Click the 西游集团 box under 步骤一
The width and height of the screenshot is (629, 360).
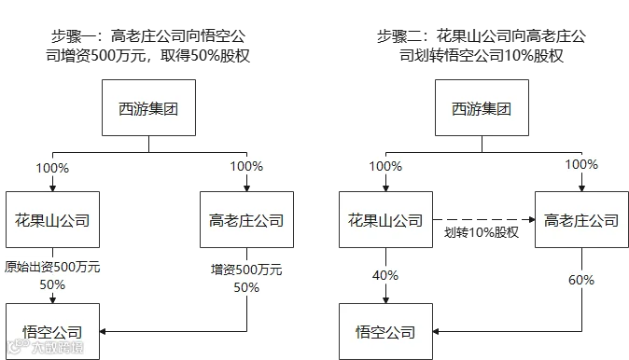(x=148, y=107)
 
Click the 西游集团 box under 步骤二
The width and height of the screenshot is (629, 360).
(x=482, y=107)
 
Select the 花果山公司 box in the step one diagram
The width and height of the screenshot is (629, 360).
(x=52, y=219)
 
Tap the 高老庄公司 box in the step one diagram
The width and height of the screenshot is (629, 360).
(x=246, y=219)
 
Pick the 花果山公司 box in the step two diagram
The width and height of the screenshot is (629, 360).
(x=386, y=219)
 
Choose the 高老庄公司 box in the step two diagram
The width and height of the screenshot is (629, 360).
(x=581, y=219)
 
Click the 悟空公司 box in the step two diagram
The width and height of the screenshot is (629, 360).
(x=386, y=331)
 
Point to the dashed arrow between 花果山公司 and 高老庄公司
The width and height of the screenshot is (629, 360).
(x=483, y=219)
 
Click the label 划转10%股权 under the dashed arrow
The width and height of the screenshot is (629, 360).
(x=482, y=232)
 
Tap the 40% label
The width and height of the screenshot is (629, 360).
(x=385, y=275)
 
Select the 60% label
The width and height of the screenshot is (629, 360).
(x=581, y=280)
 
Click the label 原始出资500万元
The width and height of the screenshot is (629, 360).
(x=52, y=267)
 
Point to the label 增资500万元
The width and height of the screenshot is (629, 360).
(x=246, y=270)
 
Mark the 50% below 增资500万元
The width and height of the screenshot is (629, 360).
(x=246, y=287)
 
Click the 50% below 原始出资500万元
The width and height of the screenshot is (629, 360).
(x=52, y=284)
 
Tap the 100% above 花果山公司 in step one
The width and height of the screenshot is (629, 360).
(x=52, y=168)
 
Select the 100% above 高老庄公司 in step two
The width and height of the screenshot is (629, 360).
(x=581, y=164)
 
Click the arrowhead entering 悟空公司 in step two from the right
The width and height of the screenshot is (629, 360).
(x=436, y=331)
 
